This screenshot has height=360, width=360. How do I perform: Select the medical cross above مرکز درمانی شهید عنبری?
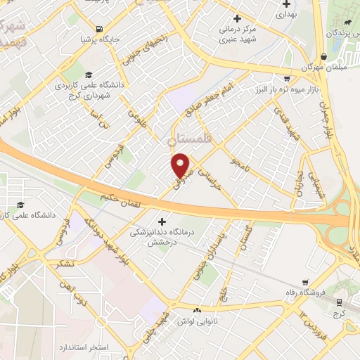[x=237, y=18]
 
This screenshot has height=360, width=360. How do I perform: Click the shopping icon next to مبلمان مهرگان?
[x=323, y=56]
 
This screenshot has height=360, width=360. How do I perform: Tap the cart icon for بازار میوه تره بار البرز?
[x=288, y=79]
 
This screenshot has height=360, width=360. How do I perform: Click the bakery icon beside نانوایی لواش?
[x=198, y=310]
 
